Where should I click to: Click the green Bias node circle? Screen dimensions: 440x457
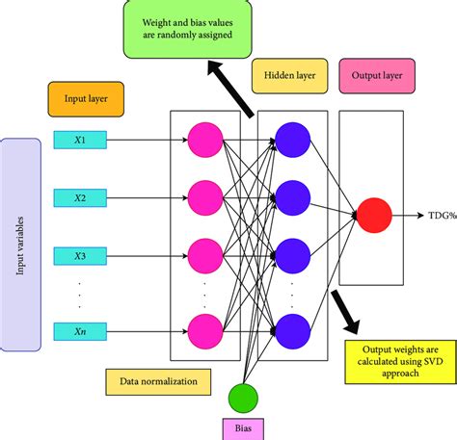pyautogui.click(x=244, y=399)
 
